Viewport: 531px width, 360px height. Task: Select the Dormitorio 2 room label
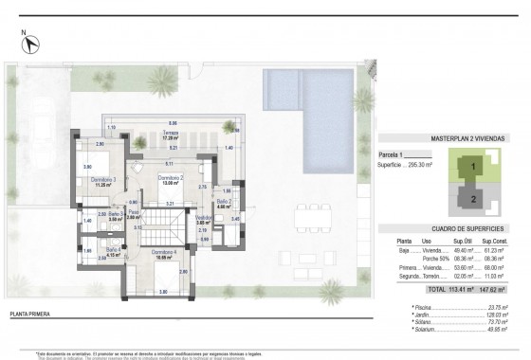tap(171, 178)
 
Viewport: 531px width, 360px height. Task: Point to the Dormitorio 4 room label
tap(166, 251)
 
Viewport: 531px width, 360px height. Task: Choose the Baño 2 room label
tap(224, 201)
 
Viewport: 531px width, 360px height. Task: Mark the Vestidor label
tap(202, 217)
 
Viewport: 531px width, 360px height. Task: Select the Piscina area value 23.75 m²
tap(491, 309)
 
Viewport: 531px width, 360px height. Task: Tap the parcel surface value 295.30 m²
tap(419, 162)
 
